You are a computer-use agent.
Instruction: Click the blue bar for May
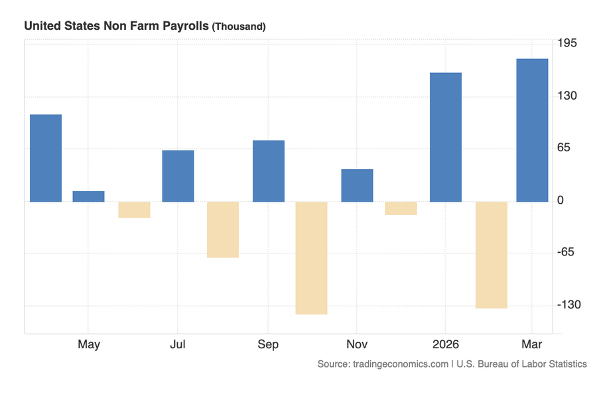pyautogui.click(x=88, y=196)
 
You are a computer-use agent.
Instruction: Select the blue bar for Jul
pyautogui.click(x=178, y=176)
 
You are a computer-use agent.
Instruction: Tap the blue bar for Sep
pyautogui.click(x=268, y=171)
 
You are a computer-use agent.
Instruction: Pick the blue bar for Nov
pyautogui.click(x=357, y=185)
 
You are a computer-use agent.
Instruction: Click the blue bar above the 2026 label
pyautogui.click(x=445, y=137)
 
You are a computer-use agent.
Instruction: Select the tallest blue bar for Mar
pyautogui.click(x=532, y=130)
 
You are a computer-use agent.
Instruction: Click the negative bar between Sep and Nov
pyautogui.click(x=311, y=257)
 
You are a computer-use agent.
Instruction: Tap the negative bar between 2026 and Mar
pyautogui.click(x=491, y=255)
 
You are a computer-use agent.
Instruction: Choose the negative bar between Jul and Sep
pyautogui.click(x=222, y=230)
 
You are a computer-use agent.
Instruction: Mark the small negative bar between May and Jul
pyautogui.click(x=134, y=210)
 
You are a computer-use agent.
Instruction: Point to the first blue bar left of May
pyautogui.click(x=46, y=158)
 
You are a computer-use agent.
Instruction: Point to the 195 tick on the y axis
pyautogui.click(x=568, y=43)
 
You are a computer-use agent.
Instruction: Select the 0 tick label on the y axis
pyautogui.click(x=561, y=201)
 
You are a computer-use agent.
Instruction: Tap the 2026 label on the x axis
pyautogui.click(x=445, y=344)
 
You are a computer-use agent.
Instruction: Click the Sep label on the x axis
pyautogui.click(x=268, y=344)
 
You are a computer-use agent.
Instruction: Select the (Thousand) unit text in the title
pyautogui.click(x=239, y=27)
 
